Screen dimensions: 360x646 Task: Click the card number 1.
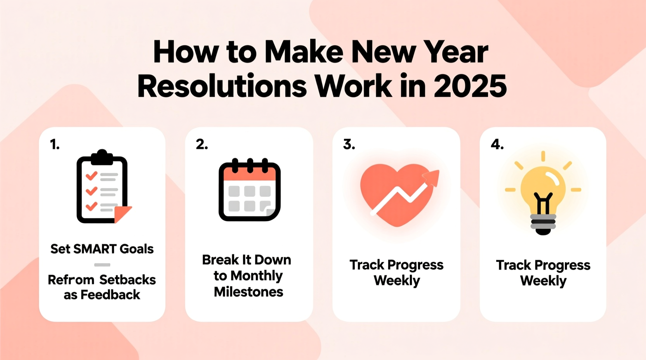55,145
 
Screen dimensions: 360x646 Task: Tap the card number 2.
202,145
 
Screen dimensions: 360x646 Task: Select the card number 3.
349,145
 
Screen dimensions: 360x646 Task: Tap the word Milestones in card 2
248,292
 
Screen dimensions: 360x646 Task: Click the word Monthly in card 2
256,276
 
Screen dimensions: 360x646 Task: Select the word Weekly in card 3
397,280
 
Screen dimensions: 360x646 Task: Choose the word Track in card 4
513,265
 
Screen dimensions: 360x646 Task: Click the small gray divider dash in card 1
102,265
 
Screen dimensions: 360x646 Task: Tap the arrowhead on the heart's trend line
432,178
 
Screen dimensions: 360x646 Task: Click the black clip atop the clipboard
102,156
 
